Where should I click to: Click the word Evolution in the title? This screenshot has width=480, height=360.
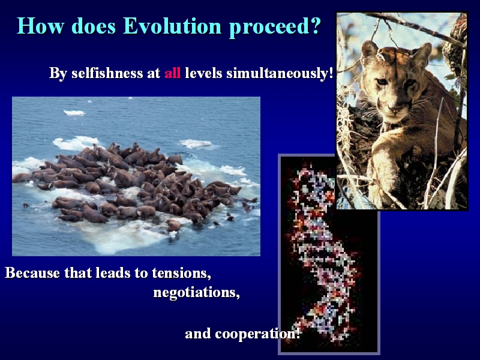pyautogui.click(x=172, y=26)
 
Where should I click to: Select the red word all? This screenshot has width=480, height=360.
pyautogui.click(x=173, y=73)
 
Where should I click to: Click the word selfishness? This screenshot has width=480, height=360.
pyautogui.click(x=107, y=73)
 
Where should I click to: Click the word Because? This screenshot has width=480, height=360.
pyautogui.click(x=32, y=272)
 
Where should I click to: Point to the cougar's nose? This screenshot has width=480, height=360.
pyautogui.click(x=394, y=109)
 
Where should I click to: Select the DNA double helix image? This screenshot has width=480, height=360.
pyautogui.click(x=329, y=254)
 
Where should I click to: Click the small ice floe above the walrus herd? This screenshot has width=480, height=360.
pyautogui.click(x=74, y=113)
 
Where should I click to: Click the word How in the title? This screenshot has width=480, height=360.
pyautogui.click(x=40, y=26)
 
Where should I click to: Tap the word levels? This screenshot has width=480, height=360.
pyautogui.click(x=203, y=73)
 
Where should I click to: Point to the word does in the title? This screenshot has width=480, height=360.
pyautogui.click(x=94, y=26)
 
